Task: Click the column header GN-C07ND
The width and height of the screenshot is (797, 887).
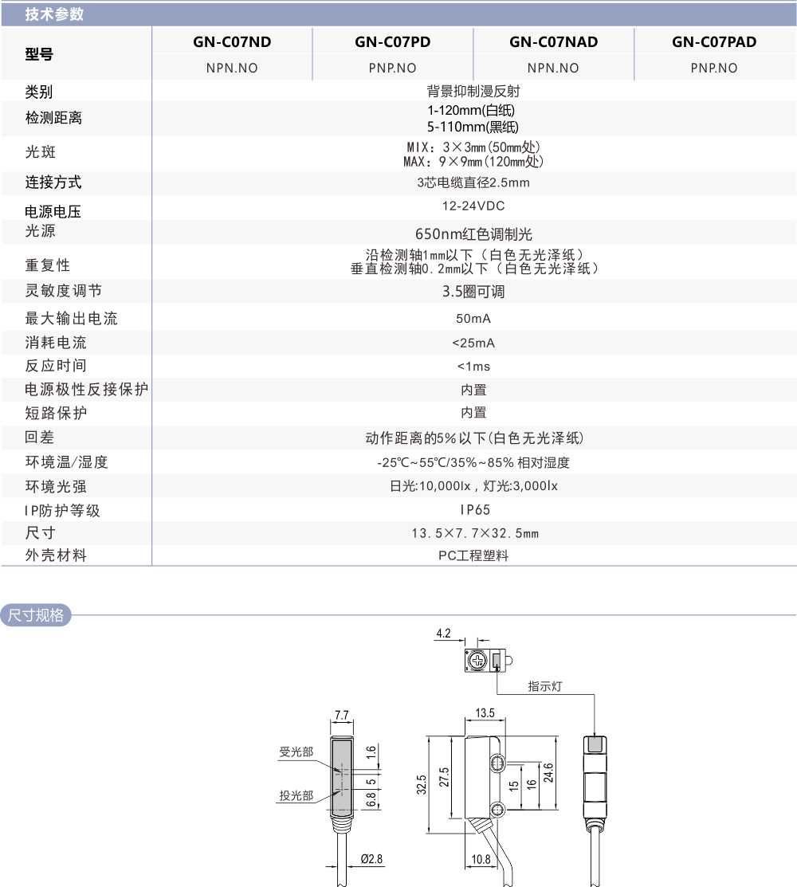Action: tap(232, 42)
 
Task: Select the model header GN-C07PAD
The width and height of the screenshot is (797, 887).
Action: tap(713, 42)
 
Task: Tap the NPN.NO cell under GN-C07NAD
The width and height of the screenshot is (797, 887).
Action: tap(553, 68)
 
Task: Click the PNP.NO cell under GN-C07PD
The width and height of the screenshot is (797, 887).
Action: tap(392, 68)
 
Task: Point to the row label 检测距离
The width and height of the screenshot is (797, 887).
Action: tap(53, 118)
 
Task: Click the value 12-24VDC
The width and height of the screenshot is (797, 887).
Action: tap(473, 206)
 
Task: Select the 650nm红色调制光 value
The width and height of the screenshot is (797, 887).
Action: tap(473, 234)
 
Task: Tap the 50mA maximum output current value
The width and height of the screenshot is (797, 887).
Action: tap(473, 319)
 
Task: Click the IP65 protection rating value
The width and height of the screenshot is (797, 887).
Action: tap(473, 510)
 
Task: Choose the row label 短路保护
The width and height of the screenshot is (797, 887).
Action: tap(56, 413)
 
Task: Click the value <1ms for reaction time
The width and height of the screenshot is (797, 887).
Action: tap(473, 367)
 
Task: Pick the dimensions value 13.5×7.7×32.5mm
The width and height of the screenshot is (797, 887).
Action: tap(473, 533)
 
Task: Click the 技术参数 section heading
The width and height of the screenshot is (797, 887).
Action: tap(54, 14)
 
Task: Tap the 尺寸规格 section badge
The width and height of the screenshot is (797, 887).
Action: tap(36, 615)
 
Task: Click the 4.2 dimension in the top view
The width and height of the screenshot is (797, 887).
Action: tap(443, 634)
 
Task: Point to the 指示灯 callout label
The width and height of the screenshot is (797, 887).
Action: tap(545, 686)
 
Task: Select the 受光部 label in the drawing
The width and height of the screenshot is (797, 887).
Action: tap(296, 752)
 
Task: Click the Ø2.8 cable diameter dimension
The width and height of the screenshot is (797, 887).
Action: tap(371, 858)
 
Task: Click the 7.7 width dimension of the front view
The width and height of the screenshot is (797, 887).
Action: tap(342, 715)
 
